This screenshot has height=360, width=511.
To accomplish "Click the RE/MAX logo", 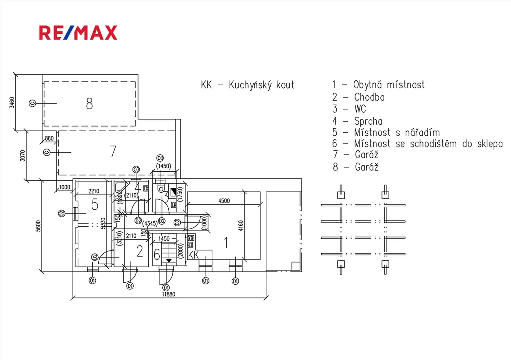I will tap(78, 33).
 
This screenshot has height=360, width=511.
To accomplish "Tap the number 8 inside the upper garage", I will tap(89, 104).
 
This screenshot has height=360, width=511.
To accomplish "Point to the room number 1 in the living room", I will tap(226, 243).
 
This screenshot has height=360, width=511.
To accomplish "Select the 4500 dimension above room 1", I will tap(224, 201).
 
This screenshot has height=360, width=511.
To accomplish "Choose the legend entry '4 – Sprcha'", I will tap(358, 121).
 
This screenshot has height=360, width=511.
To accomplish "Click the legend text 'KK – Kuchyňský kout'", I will tap(248, 85).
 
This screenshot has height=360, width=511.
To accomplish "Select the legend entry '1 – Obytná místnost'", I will tap(379, 85).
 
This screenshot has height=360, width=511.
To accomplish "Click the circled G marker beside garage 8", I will tap(32, 103).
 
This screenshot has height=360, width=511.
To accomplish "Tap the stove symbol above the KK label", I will tap(190, 242).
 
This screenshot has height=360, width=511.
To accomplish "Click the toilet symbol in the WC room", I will tap(160, 189).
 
